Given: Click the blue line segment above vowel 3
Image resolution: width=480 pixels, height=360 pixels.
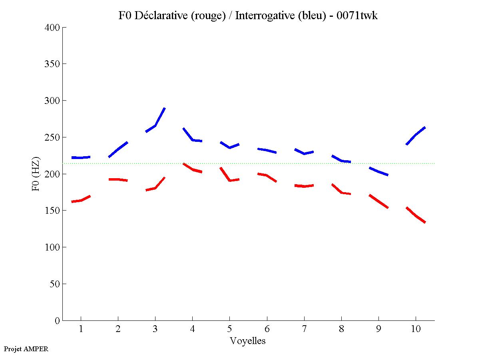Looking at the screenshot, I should [155, 125].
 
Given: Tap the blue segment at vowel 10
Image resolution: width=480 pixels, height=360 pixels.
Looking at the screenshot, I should [416, 135].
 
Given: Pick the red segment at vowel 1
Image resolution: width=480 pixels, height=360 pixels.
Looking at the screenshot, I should [81, 200].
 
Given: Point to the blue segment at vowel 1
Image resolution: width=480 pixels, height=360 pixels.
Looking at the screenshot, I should [81, 157].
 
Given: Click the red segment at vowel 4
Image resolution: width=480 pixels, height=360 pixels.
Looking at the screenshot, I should [192, 169].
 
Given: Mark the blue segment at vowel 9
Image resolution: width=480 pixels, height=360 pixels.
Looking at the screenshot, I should [378, 171].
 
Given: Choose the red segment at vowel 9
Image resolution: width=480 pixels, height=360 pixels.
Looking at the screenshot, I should [378, 201].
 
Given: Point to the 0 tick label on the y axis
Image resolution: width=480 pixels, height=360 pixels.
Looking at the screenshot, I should [58, 320].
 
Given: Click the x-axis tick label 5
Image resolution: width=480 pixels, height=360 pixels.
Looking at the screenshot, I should [229, 329].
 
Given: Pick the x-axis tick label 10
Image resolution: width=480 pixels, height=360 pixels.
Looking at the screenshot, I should [416, 329].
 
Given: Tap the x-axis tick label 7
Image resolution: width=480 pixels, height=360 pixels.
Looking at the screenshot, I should [304, 329].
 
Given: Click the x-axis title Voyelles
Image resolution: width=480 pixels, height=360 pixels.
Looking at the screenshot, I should [247, 341].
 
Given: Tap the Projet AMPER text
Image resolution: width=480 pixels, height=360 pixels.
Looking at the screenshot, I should [26, 349].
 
